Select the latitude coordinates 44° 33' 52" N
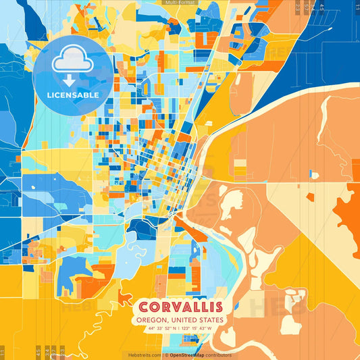pos(160,328)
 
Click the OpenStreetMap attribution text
pos(186,355)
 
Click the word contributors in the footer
pos(219,355)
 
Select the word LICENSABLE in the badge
pos(72,95)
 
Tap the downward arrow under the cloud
pos(72,79)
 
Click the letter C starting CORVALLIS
pos(144,307)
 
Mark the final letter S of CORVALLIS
pos(219,307)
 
